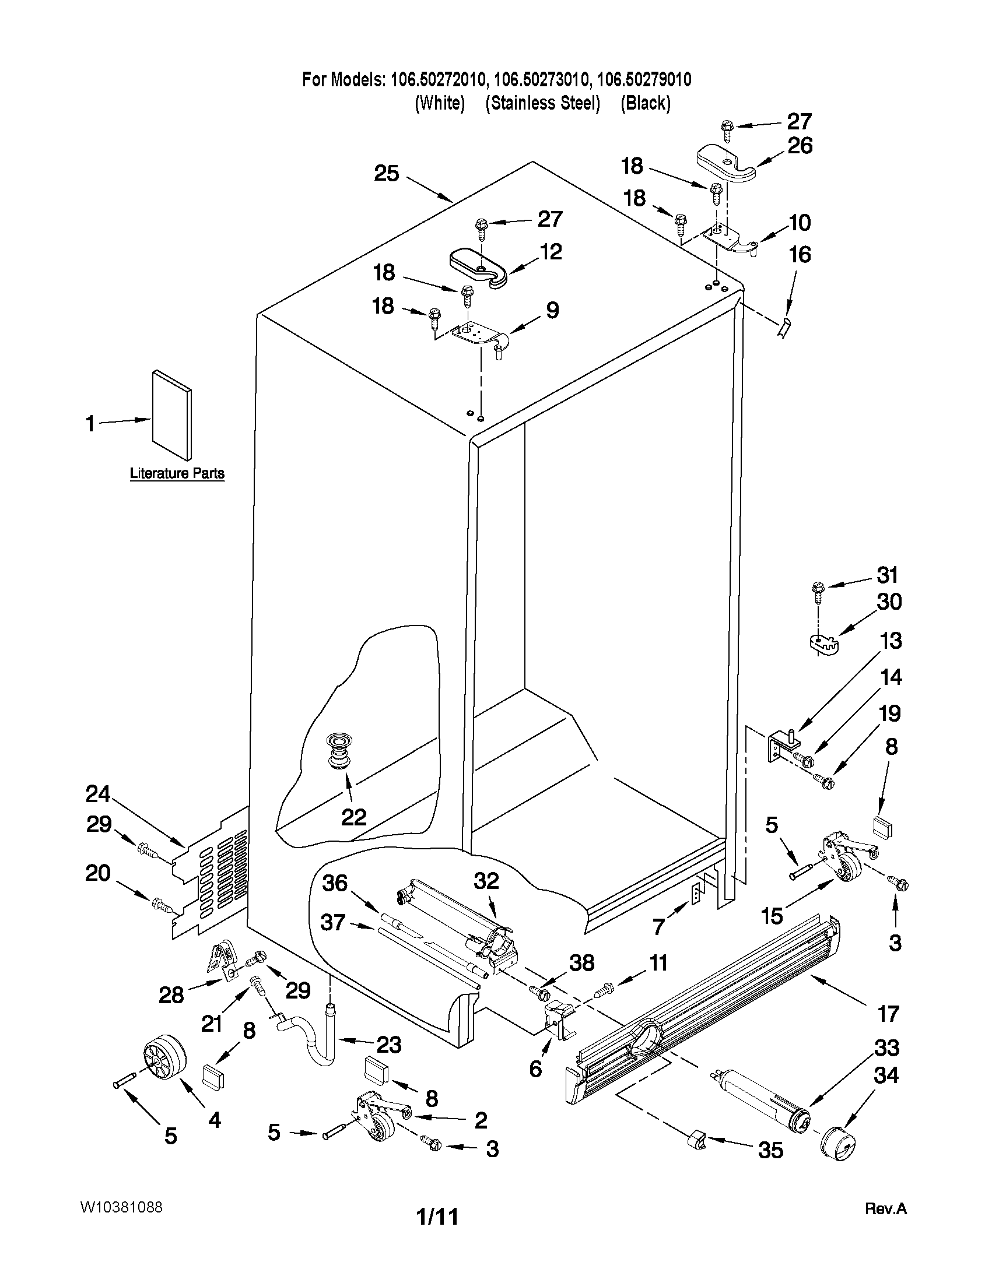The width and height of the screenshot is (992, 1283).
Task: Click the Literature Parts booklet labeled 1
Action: click(x=171, y=414)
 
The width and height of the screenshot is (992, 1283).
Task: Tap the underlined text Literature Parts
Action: click(x=177, y=473)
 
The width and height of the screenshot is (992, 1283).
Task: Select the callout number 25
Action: click(x=387, y=174)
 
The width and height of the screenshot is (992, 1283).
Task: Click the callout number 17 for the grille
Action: click(x=888, y=1013)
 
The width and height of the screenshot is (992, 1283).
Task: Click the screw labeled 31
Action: click(x=818, y=589)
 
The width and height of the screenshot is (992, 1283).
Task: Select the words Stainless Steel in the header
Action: click(x=542, y=103)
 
